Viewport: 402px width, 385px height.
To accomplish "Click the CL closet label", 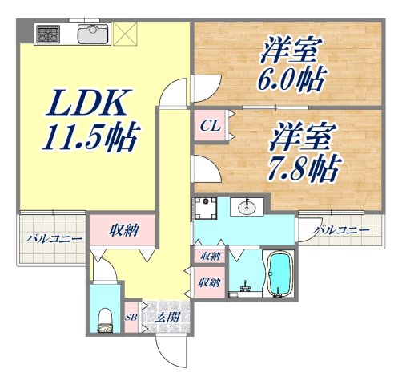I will [x=210, y=126].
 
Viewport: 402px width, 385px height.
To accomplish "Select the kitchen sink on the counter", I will [x=94, y=34].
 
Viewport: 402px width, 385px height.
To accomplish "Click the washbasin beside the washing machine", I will [x=244, y=208].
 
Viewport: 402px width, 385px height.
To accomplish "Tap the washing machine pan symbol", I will [x=206, y=208].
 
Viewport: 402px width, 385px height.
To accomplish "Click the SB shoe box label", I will [x=132, y=318].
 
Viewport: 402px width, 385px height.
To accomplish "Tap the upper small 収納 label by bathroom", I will [x=210, y=256].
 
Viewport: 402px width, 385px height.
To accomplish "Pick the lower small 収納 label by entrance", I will [x=210, y=282].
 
